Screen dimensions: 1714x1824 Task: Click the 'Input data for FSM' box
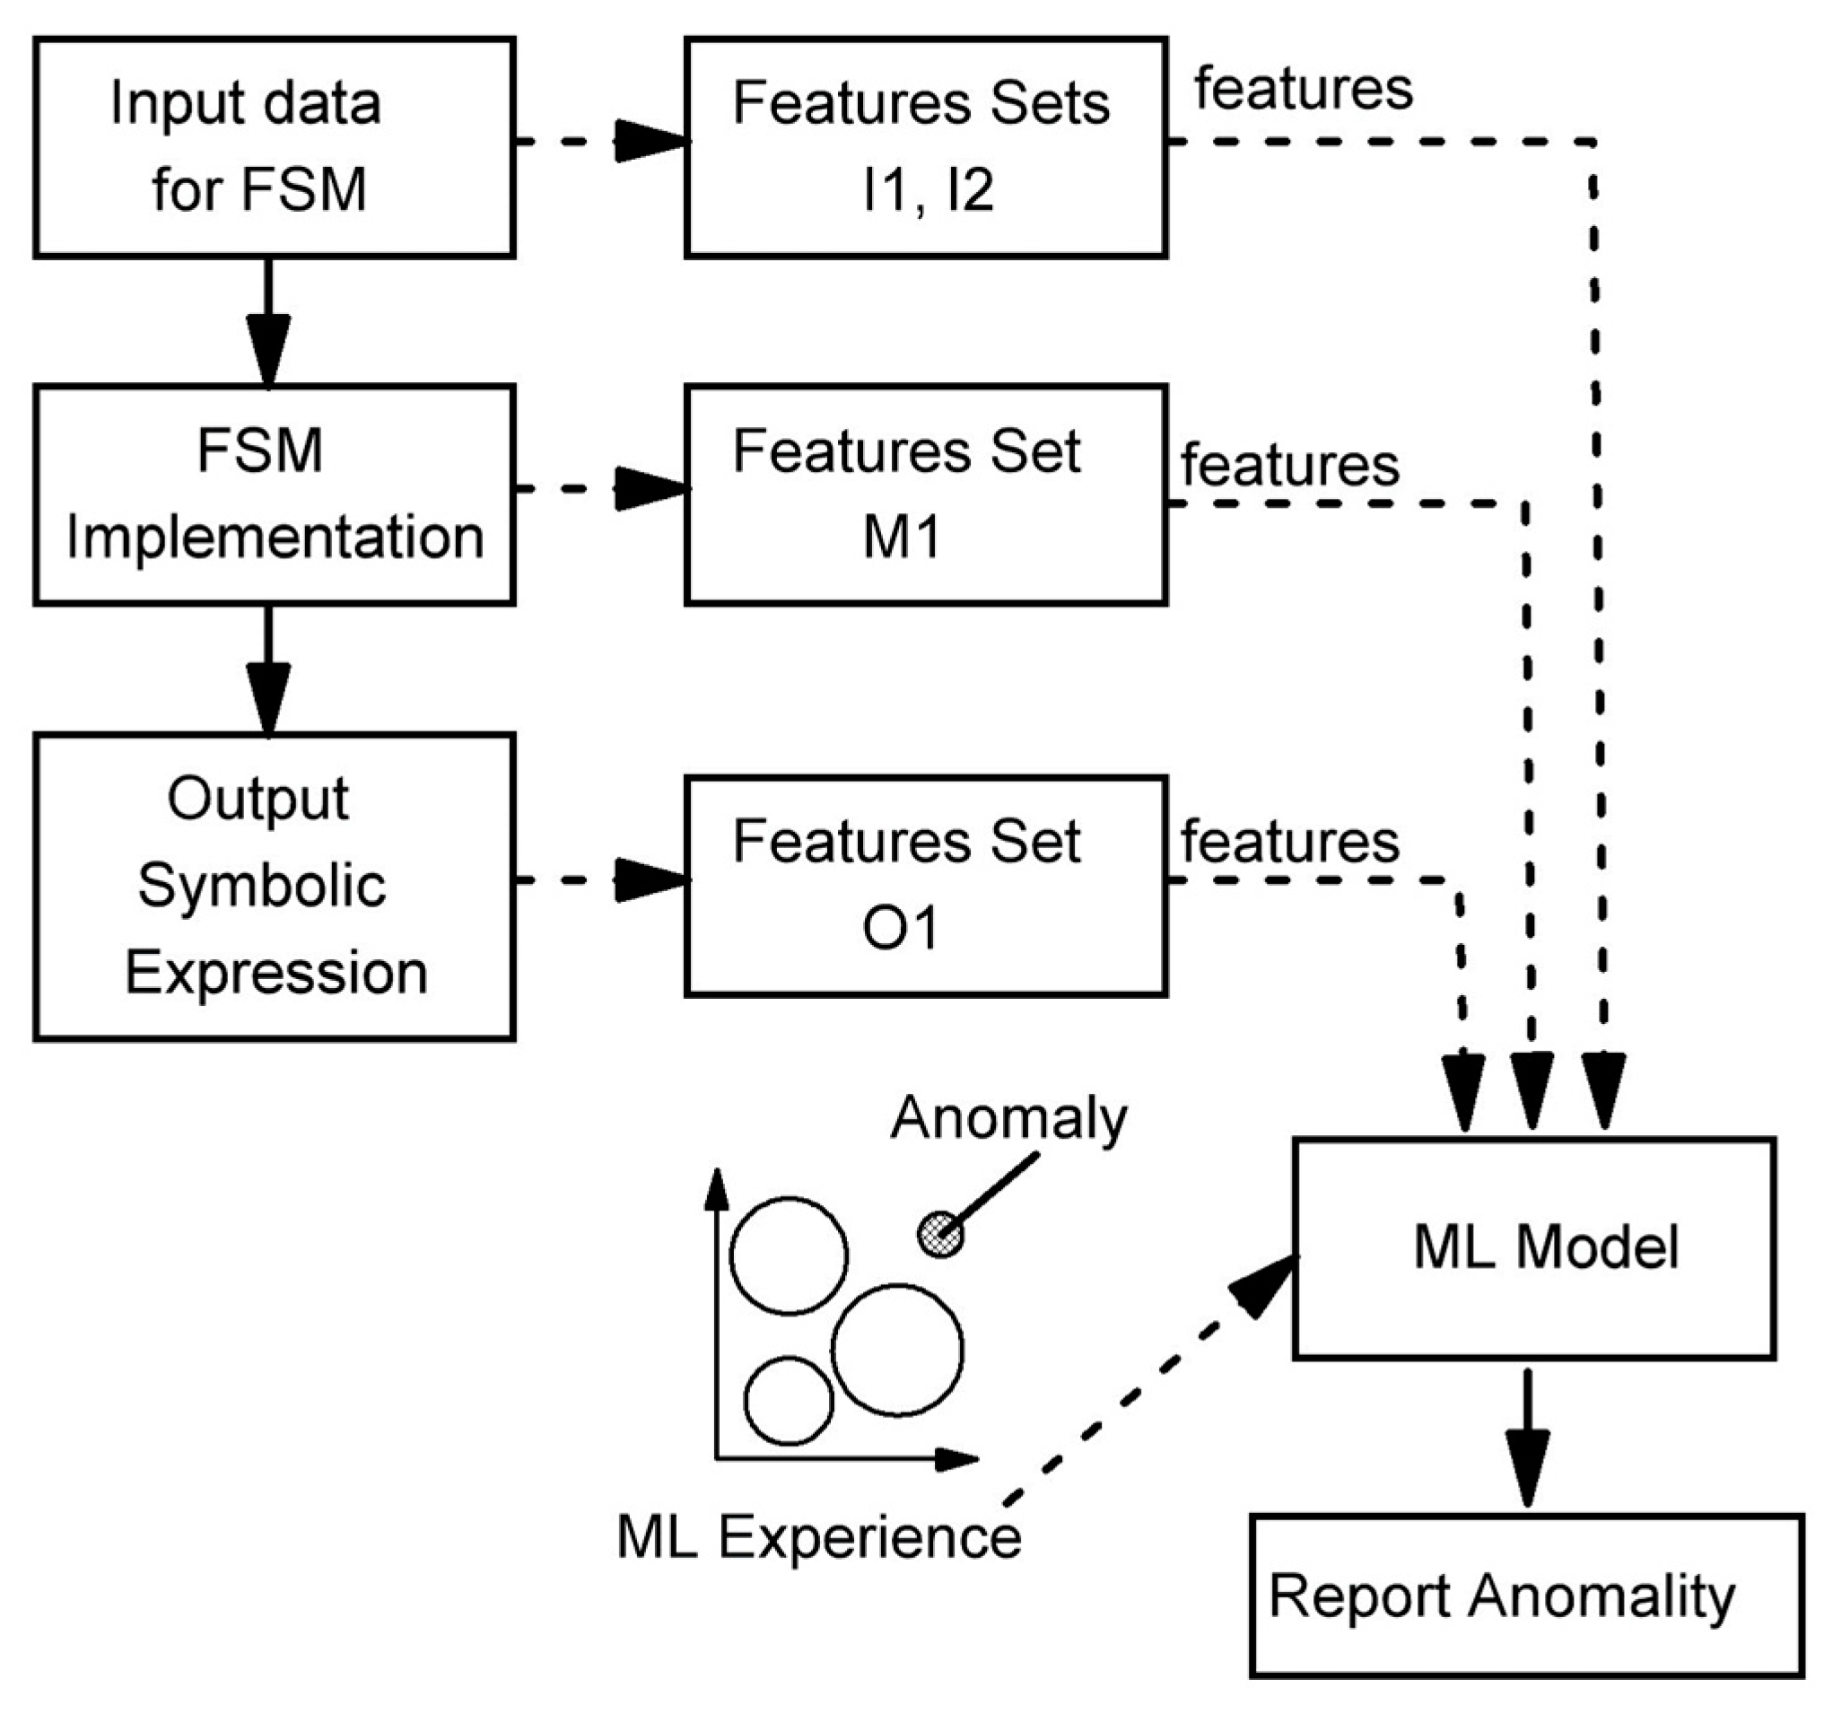coord(274,147)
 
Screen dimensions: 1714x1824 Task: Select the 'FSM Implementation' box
coord(274,494)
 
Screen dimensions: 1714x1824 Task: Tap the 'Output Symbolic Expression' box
coord(274,886)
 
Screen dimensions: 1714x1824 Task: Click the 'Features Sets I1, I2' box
coord(925,147)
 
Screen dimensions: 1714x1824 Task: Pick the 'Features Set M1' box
coord(925,494)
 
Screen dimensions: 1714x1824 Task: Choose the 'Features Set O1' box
coord(925,886)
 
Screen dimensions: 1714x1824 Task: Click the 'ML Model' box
coord(1534,1248)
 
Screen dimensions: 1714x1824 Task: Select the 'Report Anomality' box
coord(1527,1596)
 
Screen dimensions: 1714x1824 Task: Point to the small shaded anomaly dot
coord(941,1233)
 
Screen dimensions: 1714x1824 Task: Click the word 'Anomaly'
coord(1008,1118)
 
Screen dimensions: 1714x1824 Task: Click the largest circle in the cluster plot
coord(897,1350)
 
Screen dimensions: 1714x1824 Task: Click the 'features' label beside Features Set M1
coord(1289,464)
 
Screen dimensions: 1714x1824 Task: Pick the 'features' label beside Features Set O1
coord(1289,842)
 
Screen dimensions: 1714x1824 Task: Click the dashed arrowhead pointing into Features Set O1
coord(650,880)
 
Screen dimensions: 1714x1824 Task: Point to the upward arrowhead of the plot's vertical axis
coord(718,1190)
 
